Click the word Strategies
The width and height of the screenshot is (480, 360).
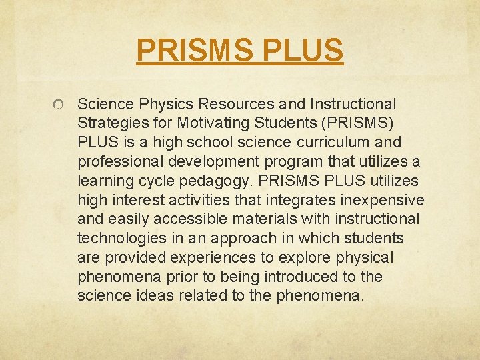(x=109, y=123)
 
